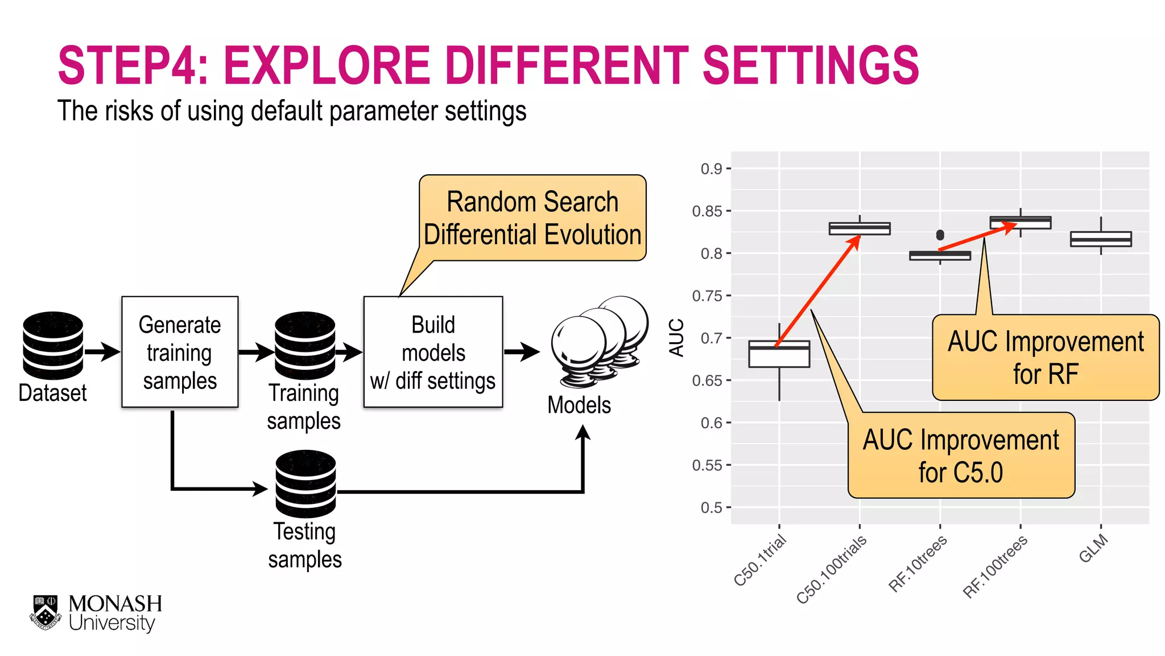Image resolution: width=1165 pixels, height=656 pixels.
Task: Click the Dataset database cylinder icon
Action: [x=53, y=345]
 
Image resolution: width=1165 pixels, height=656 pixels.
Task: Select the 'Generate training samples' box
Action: [x=180, y=352]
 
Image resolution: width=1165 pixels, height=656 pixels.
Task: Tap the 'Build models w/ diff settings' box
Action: [x=433, y=352]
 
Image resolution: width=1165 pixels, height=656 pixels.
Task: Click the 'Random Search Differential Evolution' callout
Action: [x=532, y=218]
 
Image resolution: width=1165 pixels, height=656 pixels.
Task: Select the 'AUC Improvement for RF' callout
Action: [x=1046, y=358]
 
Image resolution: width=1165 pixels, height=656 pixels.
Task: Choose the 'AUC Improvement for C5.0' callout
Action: [x=961, y=456]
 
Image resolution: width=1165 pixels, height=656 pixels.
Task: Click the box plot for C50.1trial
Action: [x=779, y=354]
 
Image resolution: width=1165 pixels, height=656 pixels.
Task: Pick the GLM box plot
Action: [x=1101, y=239]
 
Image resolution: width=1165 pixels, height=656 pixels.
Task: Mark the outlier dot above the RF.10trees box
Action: [x=940, y=235]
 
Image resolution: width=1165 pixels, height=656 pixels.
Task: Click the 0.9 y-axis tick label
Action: [x=711, y=169]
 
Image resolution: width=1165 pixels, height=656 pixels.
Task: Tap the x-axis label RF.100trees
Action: [x=995, y=567]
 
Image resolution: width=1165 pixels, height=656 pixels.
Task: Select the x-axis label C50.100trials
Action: [x=832, y=569]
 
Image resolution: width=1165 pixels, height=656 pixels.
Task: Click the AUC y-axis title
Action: [x=676, y=338]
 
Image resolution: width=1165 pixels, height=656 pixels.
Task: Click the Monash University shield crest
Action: [x=46, y=613]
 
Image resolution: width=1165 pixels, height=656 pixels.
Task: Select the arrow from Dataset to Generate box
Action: [x=102, y=351]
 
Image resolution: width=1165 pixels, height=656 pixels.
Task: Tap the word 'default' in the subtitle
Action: [x=287, y=111]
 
